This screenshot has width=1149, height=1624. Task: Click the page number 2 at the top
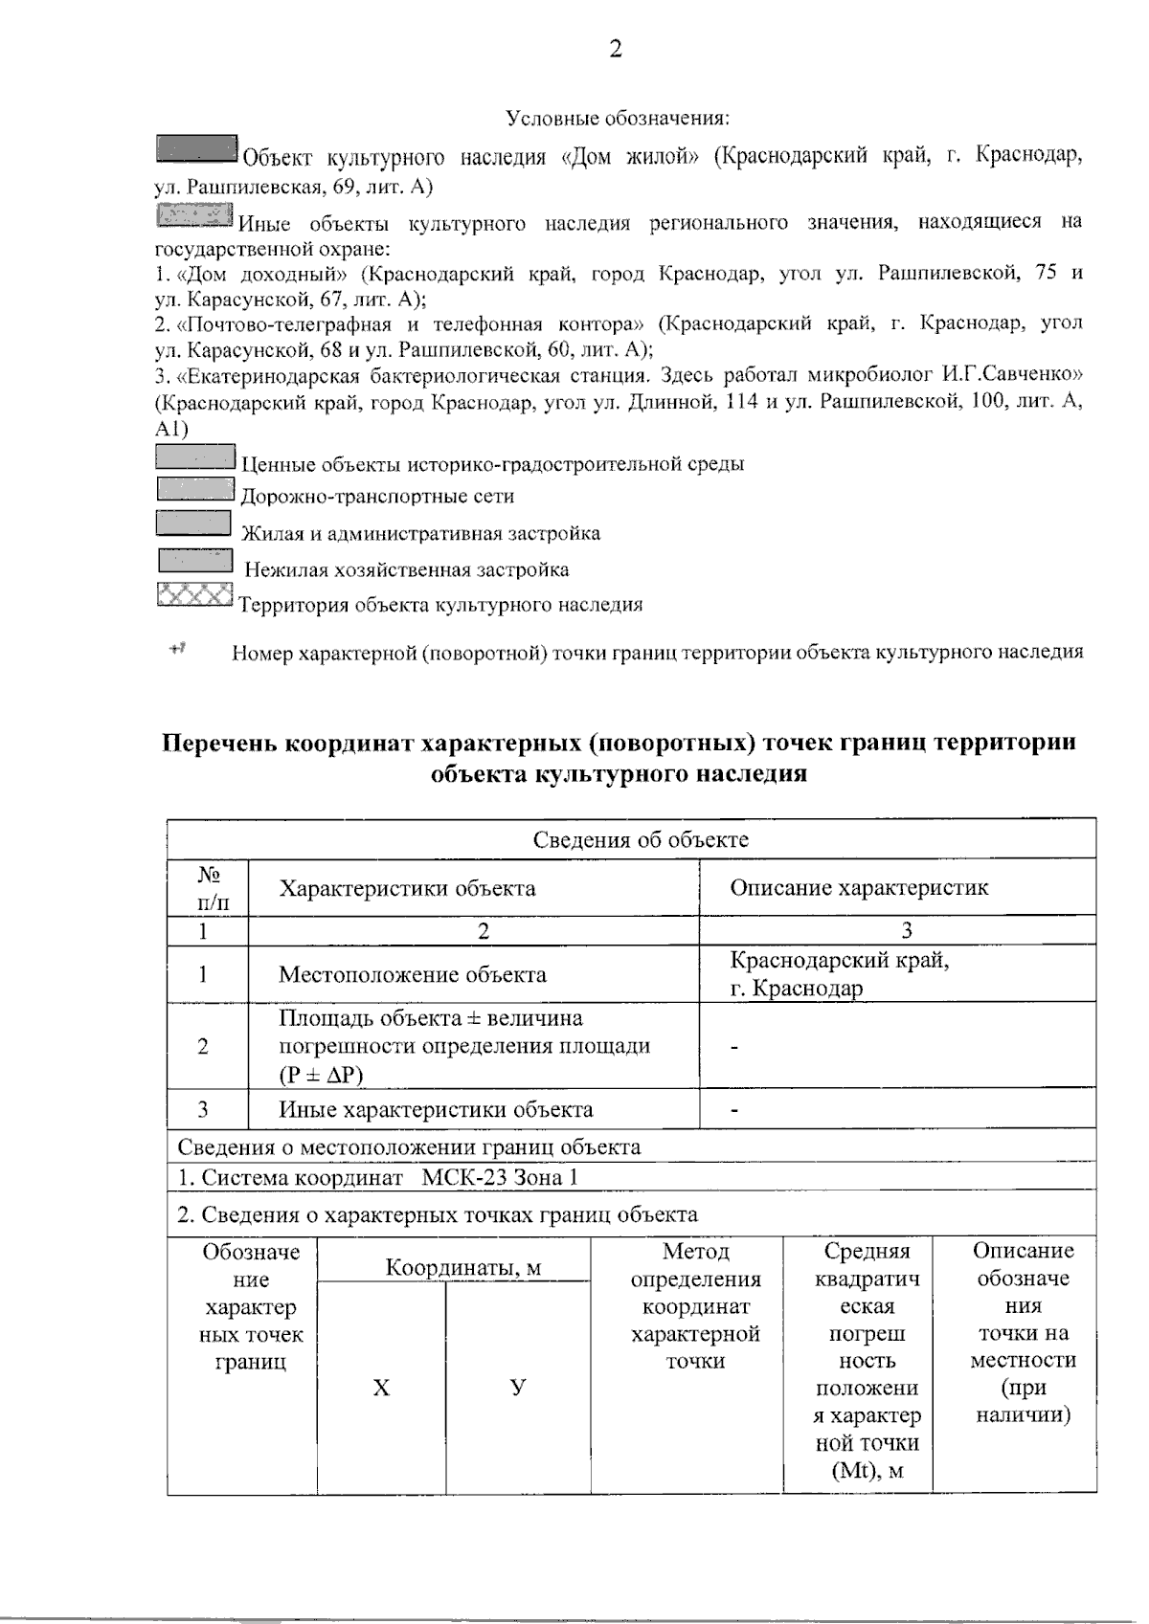[x=616, y=50]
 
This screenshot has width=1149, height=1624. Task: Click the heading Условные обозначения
[x=618, y=118]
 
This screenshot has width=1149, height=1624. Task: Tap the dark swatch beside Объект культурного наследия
[x=196, y=148]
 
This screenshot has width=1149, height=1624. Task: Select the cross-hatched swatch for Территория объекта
[x=194, y=594]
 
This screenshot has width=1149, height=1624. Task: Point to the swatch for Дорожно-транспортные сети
[x=195, y=489]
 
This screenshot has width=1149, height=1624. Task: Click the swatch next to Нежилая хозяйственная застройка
[x=195, y=561]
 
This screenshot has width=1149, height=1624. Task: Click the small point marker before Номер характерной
[x=177, y=650]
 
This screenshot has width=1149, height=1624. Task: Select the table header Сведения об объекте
[x=640, y=840]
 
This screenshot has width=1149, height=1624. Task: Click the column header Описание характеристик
[x=859, y=887]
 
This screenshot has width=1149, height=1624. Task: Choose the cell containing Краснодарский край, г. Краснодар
[x=839, y=974]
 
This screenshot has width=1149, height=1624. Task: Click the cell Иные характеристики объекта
[x=436, y=1109]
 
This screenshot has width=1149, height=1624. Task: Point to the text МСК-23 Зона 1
[x=500, y=1177]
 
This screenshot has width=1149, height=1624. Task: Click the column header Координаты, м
[x=463, y=1268]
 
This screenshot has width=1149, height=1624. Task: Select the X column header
[x=381, y=1388]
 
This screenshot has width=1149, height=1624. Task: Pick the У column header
[x=518, y=1388]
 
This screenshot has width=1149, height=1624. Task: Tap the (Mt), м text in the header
[x=867, y=1470]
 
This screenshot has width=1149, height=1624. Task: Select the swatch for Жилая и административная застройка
[x=194, y=523]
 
